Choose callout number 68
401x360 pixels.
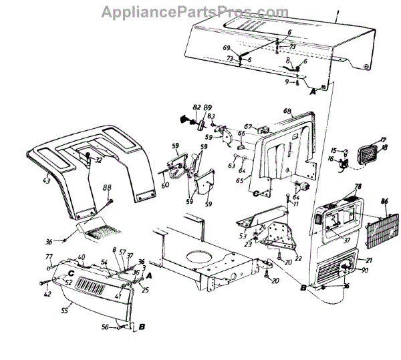pos(287,111)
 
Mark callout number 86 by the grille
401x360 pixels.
pos(384,201)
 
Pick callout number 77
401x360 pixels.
pos(48,257)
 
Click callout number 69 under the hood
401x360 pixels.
pos(226,48)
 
